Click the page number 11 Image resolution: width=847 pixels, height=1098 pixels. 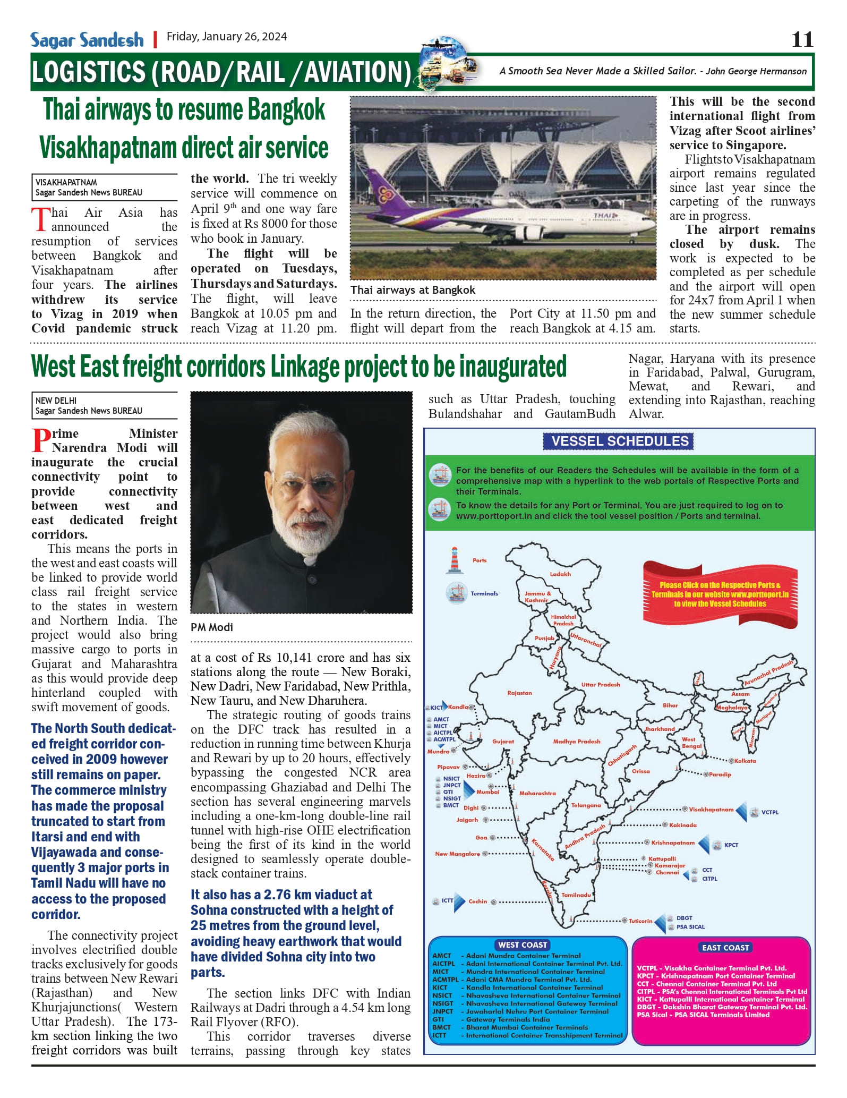click(802, 39)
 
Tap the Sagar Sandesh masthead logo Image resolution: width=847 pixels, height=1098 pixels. click(87, 40)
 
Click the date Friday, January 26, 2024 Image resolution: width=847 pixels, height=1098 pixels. click(227, 37)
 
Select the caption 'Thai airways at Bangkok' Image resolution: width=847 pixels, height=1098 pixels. click(413, 290)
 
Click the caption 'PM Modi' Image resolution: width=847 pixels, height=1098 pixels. click(212, 627)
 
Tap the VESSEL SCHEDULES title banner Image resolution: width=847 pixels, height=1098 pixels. click(619, 441)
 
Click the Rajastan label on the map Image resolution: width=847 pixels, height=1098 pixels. click(519, 693)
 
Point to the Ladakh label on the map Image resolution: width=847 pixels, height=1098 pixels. click(560, 574)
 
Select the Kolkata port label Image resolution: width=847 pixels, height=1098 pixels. click(745, 761)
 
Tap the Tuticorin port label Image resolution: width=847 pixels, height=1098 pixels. click(640, 921)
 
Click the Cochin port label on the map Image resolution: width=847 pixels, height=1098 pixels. click(477, 901)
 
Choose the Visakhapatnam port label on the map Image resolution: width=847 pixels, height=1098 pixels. click(711, 810)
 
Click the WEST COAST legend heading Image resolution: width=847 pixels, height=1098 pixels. click(523, 945)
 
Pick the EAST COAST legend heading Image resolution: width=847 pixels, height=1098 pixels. click(725, 948)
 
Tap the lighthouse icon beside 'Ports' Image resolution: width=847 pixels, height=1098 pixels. click(455, 560)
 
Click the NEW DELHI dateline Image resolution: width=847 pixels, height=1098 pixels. click(56, 401)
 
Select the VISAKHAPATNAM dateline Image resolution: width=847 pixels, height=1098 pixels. click(66, 182)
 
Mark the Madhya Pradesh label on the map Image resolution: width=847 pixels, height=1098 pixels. click(576, 742)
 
